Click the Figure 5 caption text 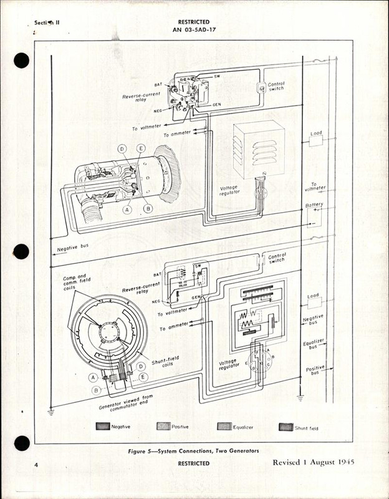pyautogui.click(x=194, y=450)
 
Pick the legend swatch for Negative pyautogui.click(x=102, y=427)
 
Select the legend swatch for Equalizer pyautogui.click(x=224, y=427)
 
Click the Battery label pyautogui.click(x=314, y=205)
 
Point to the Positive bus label pyautogui.click(x=315, y=371)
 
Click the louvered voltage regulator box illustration pyautogui.click(x=259, y=150)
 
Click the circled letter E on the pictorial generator pyautogui.click(x=142, y=148)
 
